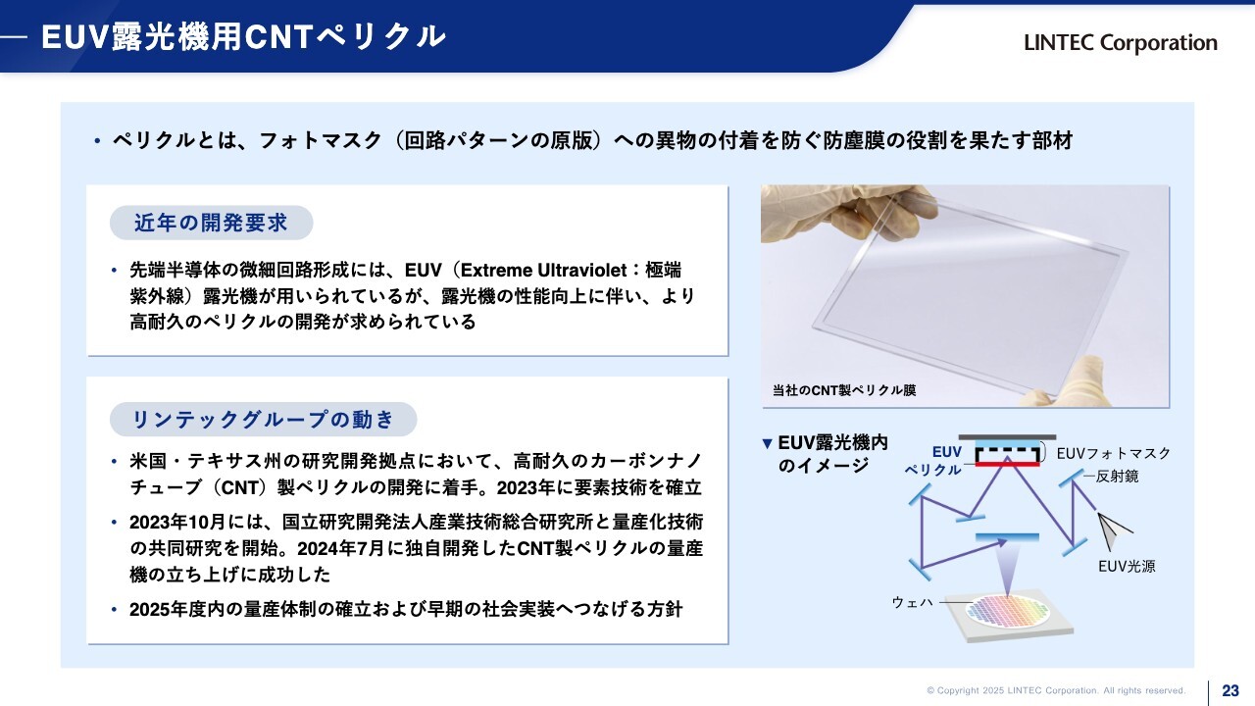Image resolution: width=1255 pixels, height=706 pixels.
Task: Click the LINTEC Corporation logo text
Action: (x=1121, y=43)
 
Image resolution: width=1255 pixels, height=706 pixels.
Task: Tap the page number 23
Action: (x=1230, y=690)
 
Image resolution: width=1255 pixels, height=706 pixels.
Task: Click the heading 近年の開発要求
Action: (x=211, y=223)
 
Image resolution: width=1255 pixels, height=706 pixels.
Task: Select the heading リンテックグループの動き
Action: (x=263, y=419)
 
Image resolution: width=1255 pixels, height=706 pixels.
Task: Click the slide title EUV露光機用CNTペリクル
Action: (x=244, y=37)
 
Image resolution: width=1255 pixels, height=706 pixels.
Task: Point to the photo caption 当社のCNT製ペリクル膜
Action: (x=844, y=390)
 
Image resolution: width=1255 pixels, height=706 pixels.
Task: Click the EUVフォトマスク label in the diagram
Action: (x=1113, y=453)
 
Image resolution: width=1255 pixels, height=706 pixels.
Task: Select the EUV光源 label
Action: (x=1127, y=567)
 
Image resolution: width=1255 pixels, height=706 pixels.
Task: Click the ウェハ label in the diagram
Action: (x=913, y=602)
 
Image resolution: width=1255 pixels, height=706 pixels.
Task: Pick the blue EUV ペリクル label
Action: (x=933, y=461)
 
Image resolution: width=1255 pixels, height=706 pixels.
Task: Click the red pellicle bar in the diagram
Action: (x=1007, y=465)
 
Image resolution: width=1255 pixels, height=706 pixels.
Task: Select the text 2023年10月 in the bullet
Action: (x=177, y=523)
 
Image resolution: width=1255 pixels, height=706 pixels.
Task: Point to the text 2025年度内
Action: (x=177, y=609)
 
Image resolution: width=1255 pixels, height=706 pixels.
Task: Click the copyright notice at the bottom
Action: (x=1056, y=691)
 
